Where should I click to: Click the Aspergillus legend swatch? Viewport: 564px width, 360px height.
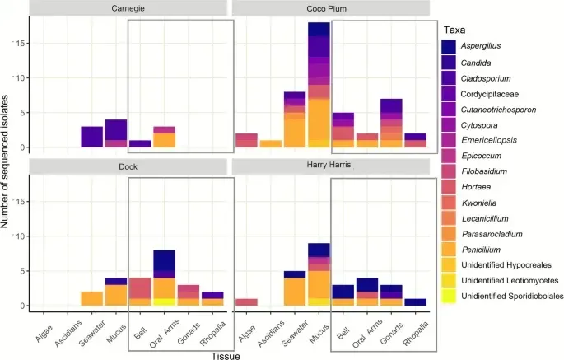click(449, 49)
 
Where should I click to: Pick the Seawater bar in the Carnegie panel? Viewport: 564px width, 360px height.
click(91, 137)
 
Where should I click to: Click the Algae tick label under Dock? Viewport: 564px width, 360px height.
click(44, 324)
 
